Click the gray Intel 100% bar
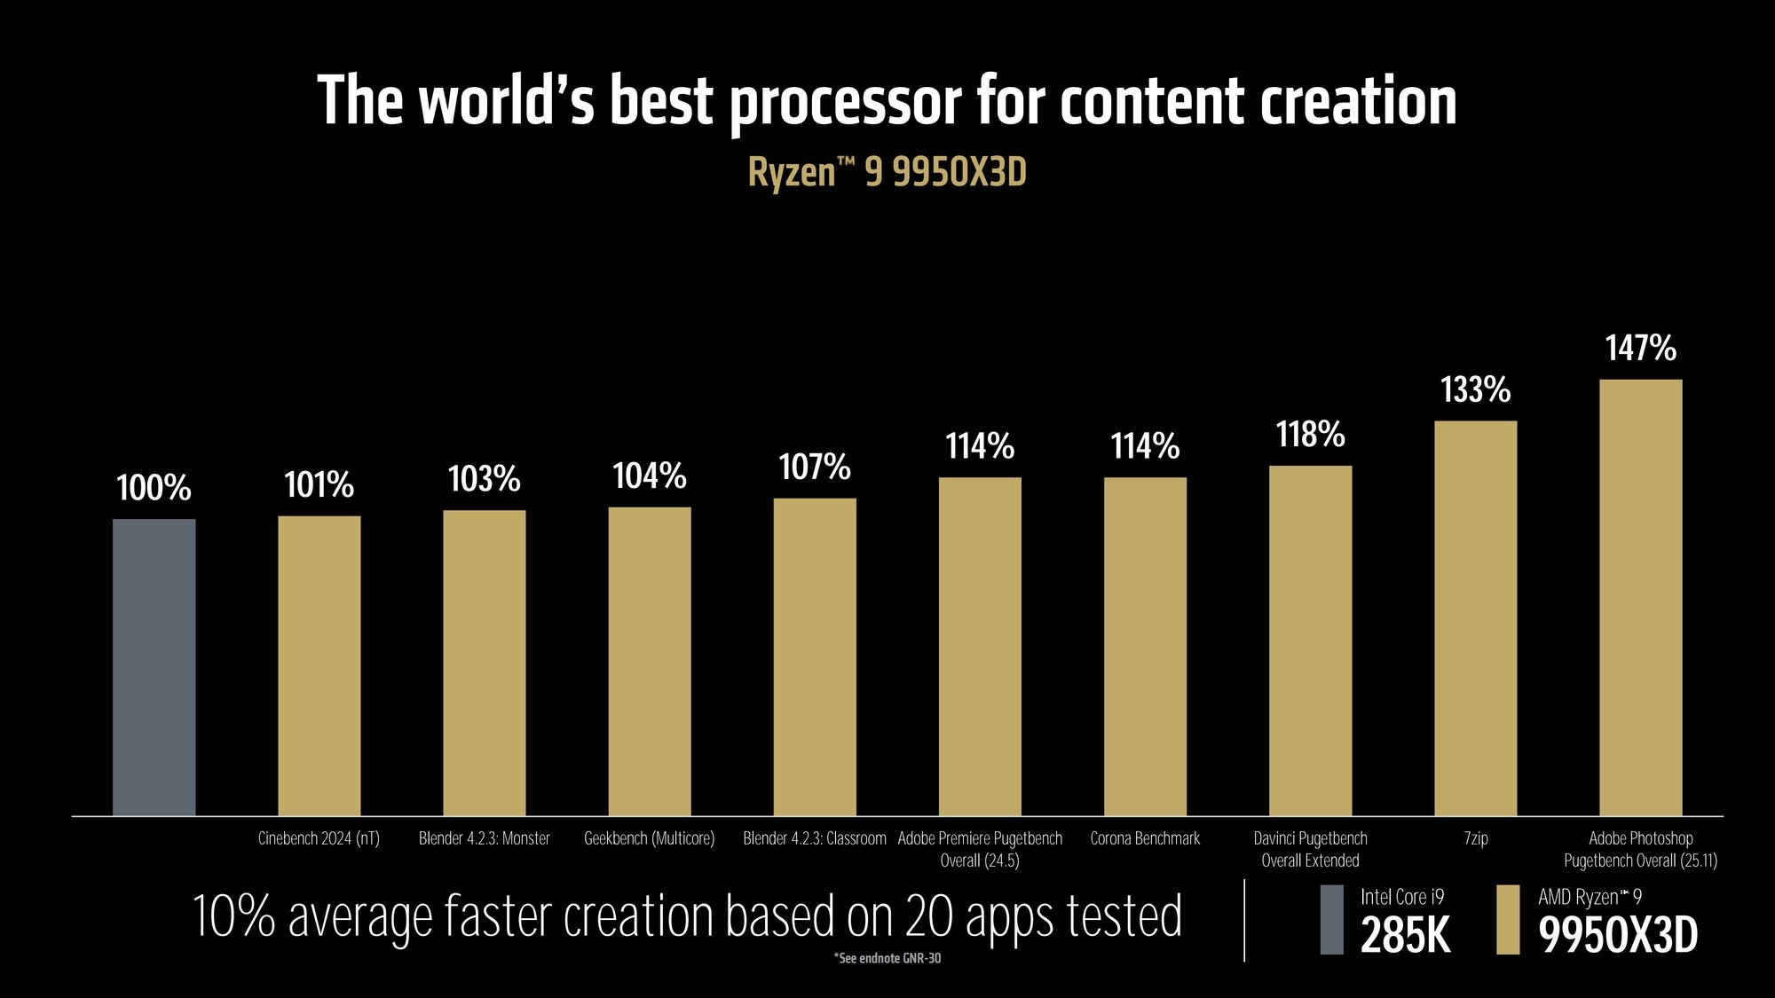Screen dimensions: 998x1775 154,667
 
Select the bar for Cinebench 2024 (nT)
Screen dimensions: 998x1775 319,665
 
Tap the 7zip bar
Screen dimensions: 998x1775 1475,618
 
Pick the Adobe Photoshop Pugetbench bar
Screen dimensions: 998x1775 1640,597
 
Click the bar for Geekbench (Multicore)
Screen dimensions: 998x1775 649,661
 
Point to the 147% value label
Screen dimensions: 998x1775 1640,348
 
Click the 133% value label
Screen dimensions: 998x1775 1475,389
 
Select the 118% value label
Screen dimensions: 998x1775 1310,435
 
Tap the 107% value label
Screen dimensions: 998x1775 814,467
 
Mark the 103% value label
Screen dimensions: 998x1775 484,479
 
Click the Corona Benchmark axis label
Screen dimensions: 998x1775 1145,838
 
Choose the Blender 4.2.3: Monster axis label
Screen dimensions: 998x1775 484,838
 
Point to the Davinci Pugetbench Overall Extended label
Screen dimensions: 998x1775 1310,849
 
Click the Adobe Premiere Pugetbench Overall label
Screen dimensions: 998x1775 980,849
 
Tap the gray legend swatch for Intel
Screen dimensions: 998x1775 1331,920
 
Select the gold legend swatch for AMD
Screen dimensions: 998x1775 1507,920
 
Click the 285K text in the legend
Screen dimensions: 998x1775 1405,935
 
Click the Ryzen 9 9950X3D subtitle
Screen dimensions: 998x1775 887,171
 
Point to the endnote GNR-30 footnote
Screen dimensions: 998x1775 887,958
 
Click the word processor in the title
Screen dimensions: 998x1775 845,102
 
